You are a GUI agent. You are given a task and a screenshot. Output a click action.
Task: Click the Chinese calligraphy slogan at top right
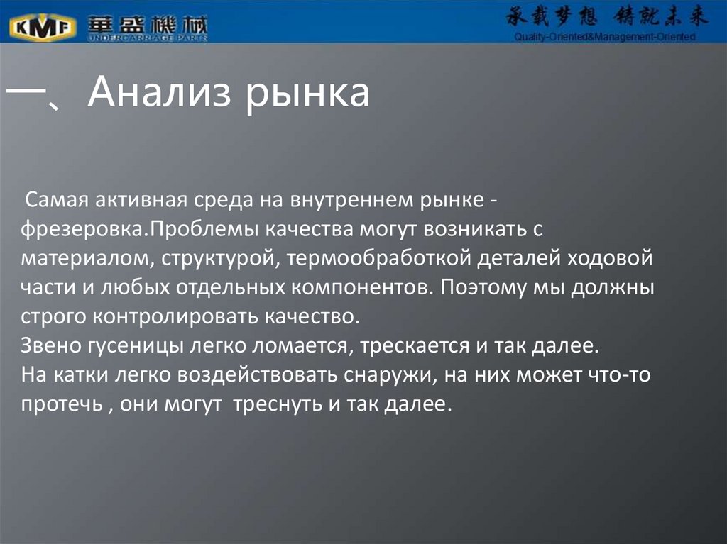(x=607, y=18)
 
